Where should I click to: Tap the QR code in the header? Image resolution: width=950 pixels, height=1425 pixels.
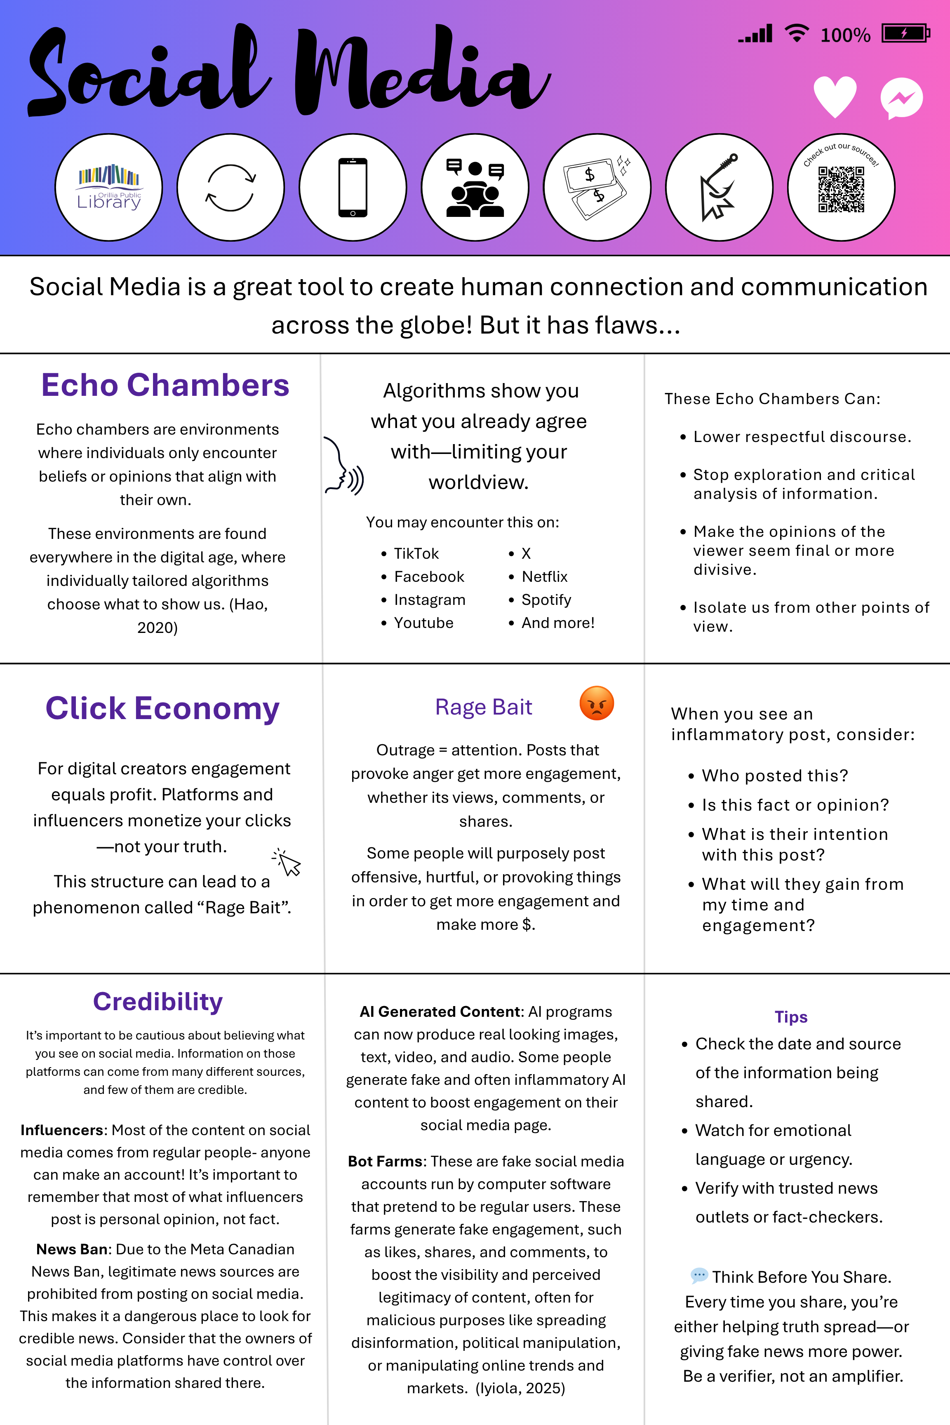841,190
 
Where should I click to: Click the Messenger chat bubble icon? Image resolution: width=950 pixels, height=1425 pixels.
901,98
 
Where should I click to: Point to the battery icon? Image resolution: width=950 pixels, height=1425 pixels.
905,33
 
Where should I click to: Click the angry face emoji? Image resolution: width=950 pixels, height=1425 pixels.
597,703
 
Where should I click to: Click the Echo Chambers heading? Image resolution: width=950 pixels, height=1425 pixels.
165,386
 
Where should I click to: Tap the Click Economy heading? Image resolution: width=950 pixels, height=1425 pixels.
162,708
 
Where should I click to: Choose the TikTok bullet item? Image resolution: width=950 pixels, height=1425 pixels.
416,554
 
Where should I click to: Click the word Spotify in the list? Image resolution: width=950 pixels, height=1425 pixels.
546,600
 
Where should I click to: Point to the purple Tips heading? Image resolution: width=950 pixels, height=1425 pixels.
791,1017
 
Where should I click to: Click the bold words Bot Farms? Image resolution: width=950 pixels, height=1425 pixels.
385,1161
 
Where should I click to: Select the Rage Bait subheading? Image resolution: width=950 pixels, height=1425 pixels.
484,707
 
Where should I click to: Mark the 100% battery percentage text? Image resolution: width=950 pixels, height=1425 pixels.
845,35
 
